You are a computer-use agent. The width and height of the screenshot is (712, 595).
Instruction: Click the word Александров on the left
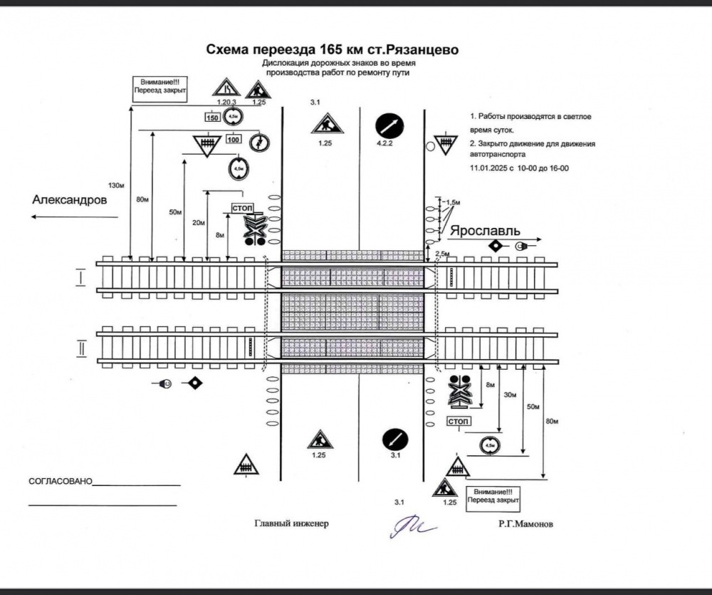click(x=70, y=201)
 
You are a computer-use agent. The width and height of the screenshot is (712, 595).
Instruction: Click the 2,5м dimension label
click(x=441, y=254)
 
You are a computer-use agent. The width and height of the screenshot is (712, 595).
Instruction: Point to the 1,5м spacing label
click(x=451, y=202)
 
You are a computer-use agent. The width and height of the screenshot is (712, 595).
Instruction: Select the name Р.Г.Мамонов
click(x=525, y=524)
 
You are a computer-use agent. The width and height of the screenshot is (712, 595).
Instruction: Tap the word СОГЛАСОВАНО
click(x=61, y=482)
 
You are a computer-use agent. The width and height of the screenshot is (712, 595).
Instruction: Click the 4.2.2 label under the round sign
click(x=384, y=144)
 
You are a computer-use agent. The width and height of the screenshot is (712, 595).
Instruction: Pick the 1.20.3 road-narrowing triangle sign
click(x=224, y=89)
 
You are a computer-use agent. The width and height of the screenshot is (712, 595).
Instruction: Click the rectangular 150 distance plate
click(x=212, y=118)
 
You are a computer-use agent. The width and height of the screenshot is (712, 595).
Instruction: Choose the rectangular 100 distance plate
click(x=234, y=139)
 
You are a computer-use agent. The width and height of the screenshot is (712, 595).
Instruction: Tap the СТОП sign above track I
click(x=243, y=208)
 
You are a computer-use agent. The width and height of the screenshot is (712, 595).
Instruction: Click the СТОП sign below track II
click(x=458, y=421)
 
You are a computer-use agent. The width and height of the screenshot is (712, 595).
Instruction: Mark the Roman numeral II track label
click(x=82, y=348)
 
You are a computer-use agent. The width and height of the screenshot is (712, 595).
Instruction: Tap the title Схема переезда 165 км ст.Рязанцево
click(x=333, y=50)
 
